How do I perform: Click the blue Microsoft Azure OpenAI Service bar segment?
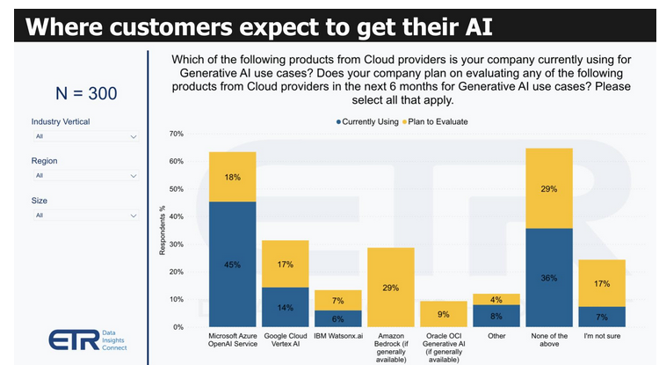coord(232,264)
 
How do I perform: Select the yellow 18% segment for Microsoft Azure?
coord(232,177)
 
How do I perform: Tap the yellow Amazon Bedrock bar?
coord(390,287)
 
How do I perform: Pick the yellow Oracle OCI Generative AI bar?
coord(443,314)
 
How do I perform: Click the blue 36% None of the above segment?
coord(548,277)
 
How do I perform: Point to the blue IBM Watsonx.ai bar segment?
coord(337,318)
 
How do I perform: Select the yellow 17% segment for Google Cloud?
coord(285,263)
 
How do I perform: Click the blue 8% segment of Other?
coord(496,315)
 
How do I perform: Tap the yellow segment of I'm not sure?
coord(601,283)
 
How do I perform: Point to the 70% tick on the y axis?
coord(176,134)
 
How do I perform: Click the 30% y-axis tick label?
coord(176,244)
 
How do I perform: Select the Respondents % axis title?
coord(162,230)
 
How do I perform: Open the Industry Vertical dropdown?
coord(84,137)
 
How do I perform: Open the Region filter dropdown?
coord(84,176)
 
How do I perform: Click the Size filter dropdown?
coord(84,215)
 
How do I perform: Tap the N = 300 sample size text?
coord(85,92)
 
